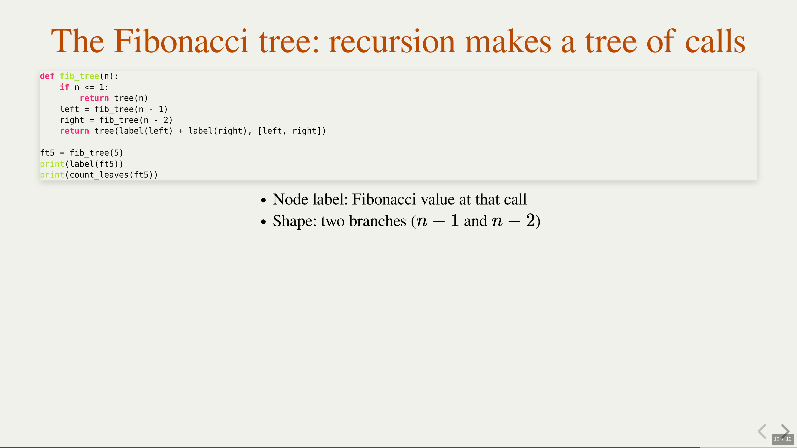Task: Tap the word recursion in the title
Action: pyautogui.click(x=392, y=41)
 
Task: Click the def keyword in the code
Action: pyautogui.click(x=47, y=76)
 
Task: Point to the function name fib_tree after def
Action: pyautogui.click(x=79, y=76)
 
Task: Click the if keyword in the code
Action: pyautogui.click(x=64, y=87)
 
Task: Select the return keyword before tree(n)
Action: pyautogui.click(x=94, y=98)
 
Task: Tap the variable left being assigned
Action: pyautogui.click(x=69, y=109)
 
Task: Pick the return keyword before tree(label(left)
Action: pyautogui.click(x=74, y=131)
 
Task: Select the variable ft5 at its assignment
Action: pyautogui.click(x=47, y=153)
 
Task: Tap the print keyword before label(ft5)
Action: pyautogui.click(x=52, y=164)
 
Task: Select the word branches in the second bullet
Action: pyautogui.click(x=378, y=221)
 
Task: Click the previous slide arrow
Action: pyautogui.click(x=762, y=431)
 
